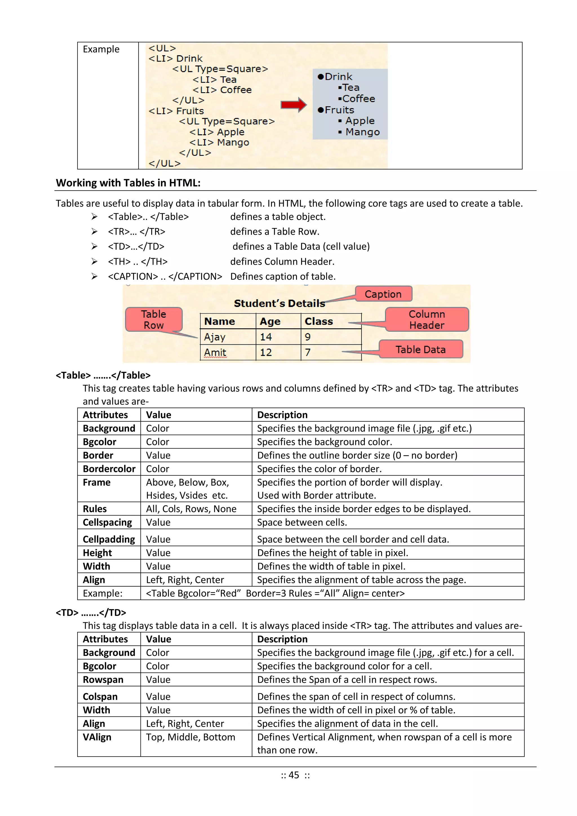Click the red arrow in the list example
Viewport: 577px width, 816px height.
[x=293, y=105]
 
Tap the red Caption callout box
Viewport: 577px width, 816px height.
[x=383, y=294]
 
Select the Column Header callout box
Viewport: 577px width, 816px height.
[x=427, y=320]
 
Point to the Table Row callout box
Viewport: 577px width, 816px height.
[x=154, y=320]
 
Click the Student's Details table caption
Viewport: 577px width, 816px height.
[x=279, y=304]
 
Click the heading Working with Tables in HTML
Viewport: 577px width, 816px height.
[x=128, y=183]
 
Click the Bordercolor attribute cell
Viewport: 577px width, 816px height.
[x=109, y=469]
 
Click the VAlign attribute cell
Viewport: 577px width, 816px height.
[x=97, y=737]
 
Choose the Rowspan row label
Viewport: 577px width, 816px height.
[x=103, y=680]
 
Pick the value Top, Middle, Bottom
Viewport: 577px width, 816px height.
[x=190, y=737]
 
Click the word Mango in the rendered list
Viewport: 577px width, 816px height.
[x=362, y=132]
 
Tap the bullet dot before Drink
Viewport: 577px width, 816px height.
[x=320, y=77]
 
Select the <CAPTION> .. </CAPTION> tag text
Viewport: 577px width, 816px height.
[x=165, y=277]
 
